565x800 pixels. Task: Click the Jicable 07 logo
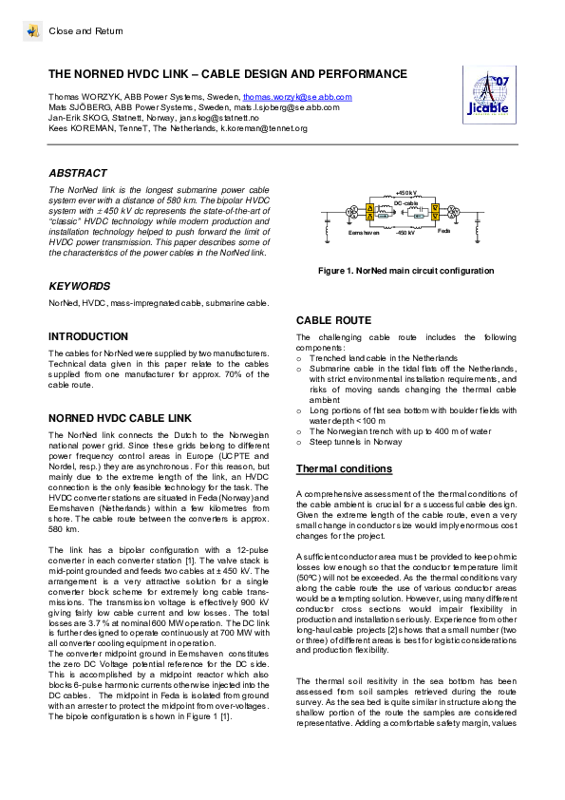(x=488, y=96)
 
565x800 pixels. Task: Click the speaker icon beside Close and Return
(x=32, y=31)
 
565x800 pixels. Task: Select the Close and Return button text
(x=85, y=31)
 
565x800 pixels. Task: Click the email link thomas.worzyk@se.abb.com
(x=297, y=97)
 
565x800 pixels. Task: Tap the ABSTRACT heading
(x=78, y=174)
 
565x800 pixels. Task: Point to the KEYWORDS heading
(x=80, y=286)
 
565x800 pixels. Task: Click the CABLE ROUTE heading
(x=333, y=321)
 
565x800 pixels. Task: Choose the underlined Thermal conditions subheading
(x=343, y=469)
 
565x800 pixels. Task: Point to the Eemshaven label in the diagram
(x=364, y=232)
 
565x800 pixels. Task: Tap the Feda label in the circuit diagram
(x=443, y=231)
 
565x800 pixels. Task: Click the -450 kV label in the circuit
(x=405, y=232)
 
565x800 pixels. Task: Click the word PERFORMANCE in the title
(x=358, y=74)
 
